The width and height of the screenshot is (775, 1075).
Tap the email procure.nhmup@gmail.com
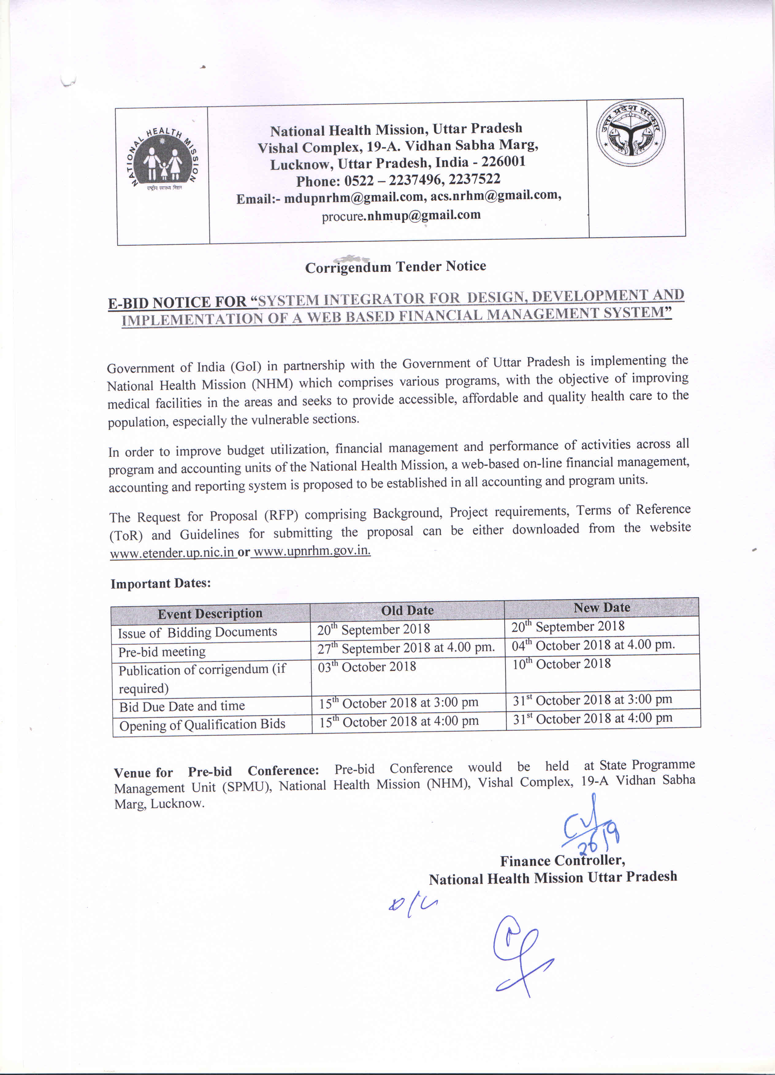tap(401, 216)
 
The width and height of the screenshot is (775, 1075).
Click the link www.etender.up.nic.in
tap(172, 553)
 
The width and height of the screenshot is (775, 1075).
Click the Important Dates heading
tap(161, 584)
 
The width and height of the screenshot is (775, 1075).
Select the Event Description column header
tap(210, 614)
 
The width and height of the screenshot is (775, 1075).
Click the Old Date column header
tap(407, 611)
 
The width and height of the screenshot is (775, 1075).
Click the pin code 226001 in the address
tap(503, 162)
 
